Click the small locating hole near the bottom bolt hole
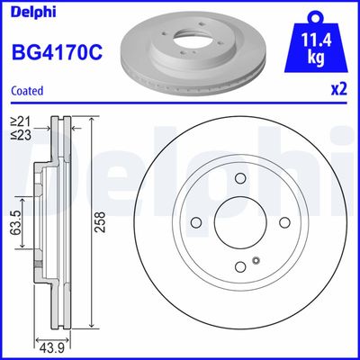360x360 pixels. point(256,262)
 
